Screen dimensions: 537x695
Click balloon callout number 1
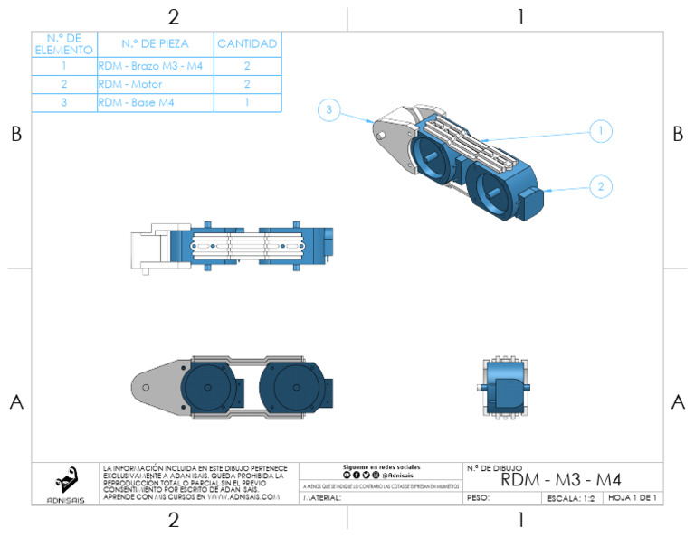(x=599, y=131)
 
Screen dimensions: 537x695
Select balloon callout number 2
(x=599, y=187)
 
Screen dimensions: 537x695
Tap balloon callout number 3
(x=330, y=111)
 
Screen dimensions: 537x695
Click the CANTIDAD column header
(x=247, y=43)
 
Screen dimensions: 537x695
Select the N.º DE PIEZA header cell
(x=155, y=43)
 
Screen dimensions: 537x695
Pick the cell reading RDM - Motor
(x=155, y=84)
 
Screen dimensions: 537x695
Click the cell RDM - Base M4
(x=155, y=103)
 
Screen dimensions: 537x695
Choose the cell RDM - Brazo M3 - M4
(x=155, y=66)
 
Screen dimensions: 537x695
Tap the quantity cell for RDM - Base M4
(x=247, y=103)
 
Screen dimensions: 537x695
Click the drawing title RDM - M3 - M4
(x=561, y=479)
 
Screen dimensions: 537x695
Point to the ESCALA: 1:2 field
(x=571, y=498)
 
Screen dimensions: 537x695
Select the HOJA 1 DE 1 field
(x=632, y=498)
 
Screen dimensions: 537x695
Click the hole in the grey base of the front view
(x=147, y=386)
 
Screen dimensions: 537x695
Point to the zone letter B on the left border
(x=15, y=134)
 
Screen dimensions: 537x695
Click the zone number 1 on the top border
(x=520, y=16)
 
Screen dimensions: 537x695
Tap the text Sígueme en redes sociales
(x=381, y=466)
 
